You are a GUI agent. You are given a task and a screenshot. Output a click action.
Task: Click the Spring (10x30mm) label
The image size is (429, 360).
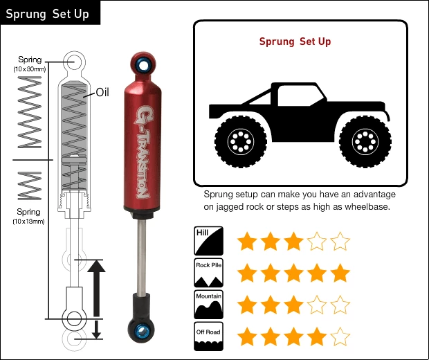pyautogui.click(x=29, y=64)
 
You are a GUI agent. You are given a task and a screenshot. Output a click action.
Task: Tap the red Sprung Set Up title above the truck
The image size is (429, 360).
pyautogui.click(x=295, y=42)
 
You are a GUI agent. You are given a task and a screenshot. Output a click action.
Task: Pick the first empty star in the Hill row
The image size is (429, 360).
pyautogui.click(x=317, y=242)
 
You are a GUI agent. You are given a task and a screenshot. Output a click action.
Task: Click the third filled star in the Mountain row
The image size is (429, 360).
pyautogui.click(x=294, y=305)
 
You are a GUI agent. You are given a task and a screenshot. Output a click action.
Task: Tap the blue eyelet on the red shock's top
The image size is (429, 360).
pyautogui.click(x=144, y=65)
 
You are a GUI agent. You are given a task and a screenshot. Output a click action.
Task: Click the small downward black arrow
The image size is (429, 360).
pyautogui.click(x=97, y=330)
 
